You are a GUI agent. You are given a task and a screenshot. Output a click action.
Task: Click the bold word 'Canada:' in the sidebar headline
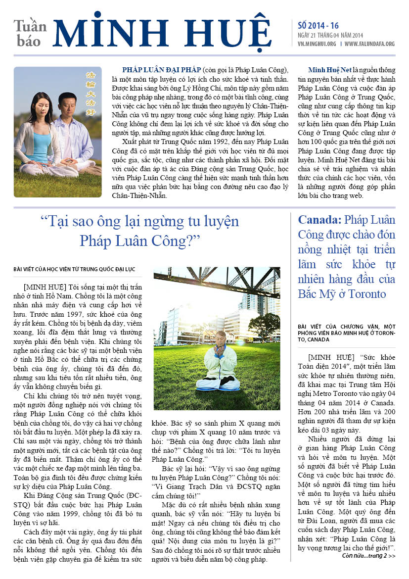click(x=319, y=219)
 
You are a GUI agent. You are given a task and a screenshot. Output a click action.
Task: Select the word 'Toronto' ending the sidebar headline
click(x=366, y=293)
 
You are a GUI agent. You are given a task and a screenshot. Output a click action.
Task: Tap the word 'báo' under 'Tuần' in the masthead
click(x=29, y=41)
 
